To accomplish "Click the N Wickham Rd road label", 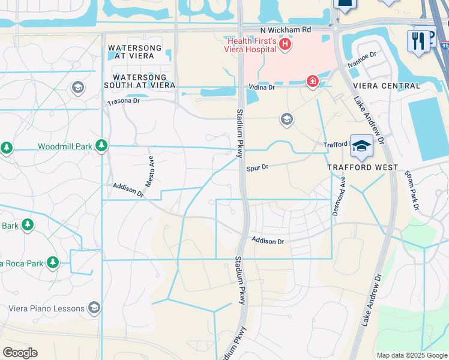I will click(x=286, y=29).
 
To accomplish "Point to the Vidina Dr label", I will click(x=262, y=88).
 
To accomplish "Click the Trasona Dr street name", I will click(x=123, y=101).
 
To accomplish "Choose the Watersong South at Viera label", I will click(x=144, y=82).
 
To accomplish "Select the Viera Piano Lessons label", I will click(x=46, y=308).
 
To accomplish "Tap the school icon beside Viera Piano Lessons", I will click(x=94, y=308).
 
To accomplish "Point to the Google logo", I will click(x=20, y=353).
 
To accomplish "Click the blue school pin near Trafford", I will click(x=361, y=146).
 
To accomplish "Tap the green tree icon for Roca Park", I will click(x=53, y=263).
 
